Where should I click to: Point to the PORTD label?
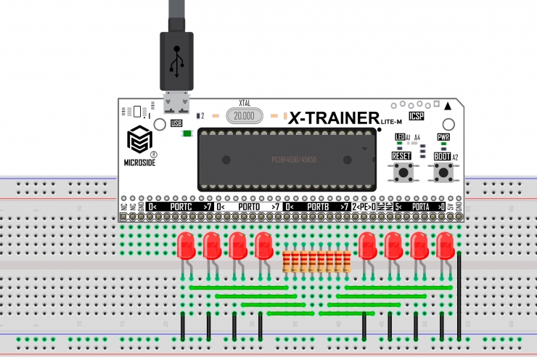click(248, 208)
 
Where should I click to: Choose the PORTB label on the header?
click(317, 208)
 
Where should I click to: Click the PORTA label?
click(420, 208)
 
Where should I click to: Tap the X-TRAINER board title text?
click(335, 118)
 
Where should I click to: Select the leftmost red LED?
click(186, 247)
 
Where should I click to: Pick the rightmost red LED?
click(445, 247)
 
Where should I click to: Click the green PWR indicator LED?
click(443, 145)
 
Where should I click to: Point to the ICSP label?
click(417, 116)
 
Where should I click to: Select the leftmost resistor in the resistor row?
click(287, 261)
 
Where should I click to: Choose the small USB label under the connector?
click(176, 123)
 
